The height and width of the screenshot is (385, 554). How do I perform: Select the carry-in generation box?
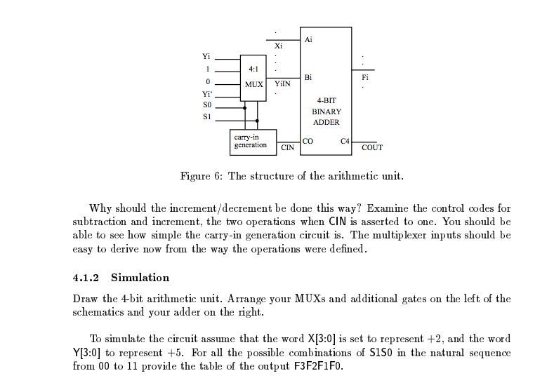(252, 140)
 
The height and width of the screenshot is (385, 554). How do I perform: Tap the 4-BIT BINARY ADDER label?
(326, 112)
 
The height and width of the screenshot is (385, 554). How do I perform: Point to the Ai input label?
(308, 39)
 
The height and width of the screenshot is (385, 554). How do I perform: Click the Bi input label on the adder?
(308, 76)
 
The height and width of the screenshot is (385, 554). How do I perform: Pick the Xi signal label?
(278, 46)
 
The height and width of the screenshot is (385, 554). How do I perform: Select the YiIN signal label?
(282, 83)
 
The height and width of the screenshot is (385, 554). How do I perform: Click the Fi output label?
(364, 77)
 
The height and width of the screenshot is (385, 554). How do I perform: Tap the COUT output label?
(372, 147)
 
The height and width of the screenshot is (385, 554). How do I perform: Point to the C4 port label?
(344, 141)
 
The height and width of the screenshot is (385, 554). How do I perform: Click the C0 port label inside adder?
(308, 141)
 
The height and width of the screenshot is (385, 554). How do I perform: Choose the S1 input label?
(206, 116)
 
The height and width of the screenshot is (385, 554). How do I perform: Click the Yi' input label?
(206, 94)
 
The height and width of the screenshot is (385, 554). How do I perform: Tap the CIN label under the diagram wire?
(287, 148)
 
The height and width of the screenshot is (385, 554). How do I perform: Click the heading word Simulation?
(140, 278)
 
